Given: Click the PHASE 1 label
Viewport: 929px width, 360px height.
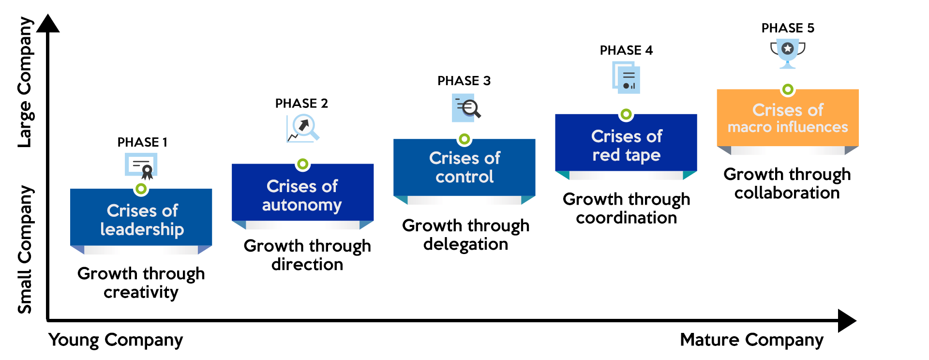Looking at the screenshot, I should (x=142, y=142).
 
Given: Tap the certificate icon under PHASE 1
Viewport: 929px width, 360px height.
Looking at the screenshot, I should (x=141, y=166).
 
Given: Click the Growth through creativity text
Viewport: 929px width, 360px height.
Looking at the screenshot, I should (x=141, y=283).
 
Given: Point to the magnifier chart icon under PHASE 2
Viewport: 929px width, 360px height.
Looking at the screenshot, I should (x=303, y=129).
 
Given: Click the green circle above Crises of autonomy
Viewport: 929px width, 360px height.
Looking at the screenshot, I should (x=303, y=165).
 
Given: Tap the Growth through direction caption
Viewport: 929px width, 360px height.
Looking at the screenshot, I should (x=307, y=255).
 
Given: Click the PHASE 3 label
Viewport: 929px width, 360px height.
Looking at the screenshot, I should (x=464, y=81).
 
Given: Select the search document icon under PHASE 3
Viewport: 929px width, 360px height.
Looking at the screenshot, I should (x=466, y=107).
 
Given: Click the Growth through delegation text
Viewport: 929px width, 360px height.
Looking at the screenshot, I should (x=465, y=235).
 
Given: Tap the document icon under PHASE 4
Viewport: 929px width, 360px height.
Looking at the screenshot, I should (x=627, y=78).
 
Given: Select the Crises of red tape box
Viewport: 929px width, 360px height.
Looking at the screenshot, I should (x=626, y=145).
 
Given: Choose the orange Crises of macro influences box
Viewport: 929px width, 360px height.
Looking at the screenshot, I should (x=788, y=118).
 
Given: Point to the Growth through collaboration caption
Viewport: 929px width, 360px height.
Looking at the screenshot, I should (x=787, y=183).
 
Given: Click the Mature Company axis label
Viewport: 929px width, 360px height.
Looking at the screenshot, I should (x=751, y=340).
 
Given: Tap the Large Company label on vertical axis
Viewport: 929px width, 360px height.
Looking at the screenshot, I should (x=25, y=82).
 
